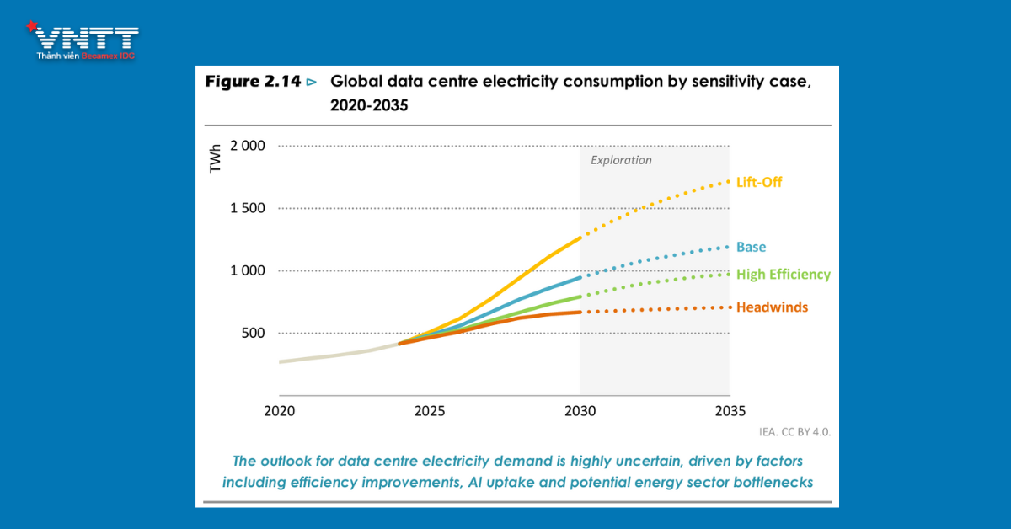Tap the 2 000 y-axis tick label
pyautogui.click(x=247, y=146)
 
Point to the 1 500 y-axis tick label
pyautogui.click(x=247, y=208)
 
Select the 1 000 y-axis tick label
pyautogui.click(x=247, y=270)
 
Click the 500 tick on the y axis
pyautogui.click(x=254, y=333)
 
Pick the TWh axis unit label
pyautogui.click(x=216, y=159)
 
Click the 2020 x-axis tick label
pyautogui.click(x=279, y=412)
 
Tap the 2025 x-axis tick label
pyautogui.click(x=430, y=412)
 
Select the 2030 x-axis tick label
pyautogui.click(x=580, y=412)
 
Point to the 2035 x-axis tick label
pyautogui.click(x=730, y=412)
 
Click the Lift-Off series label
pyautogui.click(x=760, y=181)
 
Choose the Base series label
pyautogui.click(x=751, y=247)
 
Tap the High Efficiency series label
pyautogui.click(x=783, y=275)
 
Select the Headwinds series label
pyautogui.click(x=772, y=307)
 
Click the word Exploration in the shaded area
pyautogui.click(x=621, y=160)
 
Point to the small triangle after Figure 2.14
pyautogui.click(x=312, y=83)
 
